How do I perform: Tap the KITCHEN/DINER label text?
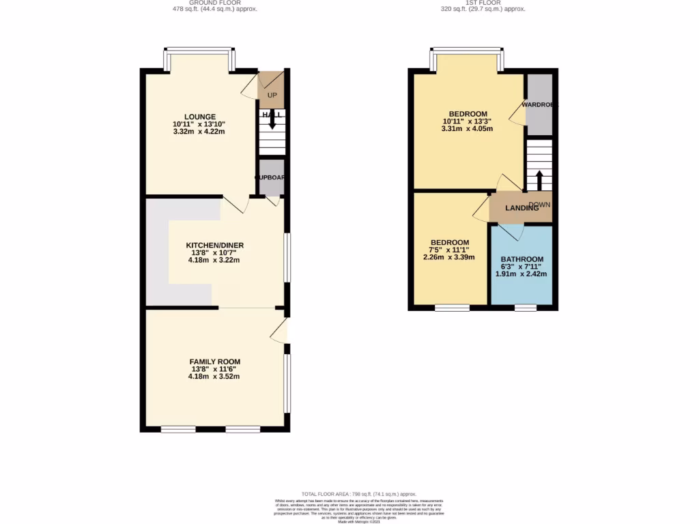215,246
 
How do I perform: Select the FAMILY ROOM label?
215,362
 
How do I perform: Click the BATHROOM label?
522,259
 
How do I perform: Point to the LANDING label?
522,208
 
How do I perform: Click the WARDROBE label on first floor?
539,105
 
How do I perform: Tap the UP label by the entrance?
272,95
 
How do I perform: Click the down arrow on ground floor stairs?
272,121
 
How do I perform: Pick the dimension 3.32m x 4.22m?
199,131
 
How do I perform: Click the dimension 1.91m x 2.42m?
522,274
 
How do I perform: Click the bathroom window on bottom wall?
525,308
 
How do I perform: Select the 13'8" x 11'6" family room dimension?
215,369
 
